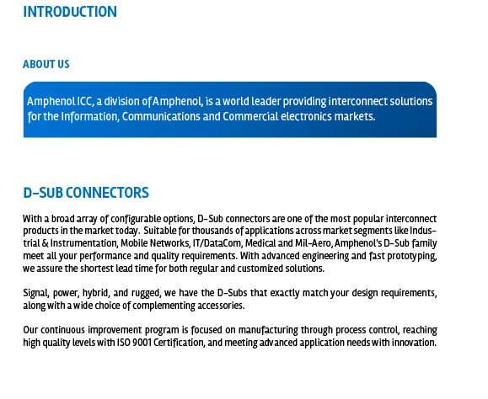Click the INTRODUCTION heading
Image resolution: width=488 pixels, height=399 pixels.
(70, 12)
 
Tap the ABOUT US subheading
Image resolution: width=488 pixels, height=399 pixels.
(46, 64)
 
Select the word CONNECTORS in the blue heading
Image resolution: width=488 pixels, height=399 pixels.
(107, 193)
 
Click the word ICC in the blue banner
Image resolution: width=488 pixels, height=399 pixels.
(85, 101)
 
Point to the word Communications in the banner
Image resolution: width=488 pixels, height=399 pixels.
(161, 116)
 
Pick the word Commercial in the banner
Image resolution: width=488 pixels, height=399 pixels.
(250, 116)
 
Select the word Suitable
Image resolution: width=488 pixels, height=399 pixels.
(159, 231)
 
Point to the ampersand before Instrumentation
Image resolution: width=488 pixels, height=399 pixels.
(46, 243)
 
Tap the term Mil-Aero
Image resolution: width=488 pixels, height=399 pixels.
(313, 243)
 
